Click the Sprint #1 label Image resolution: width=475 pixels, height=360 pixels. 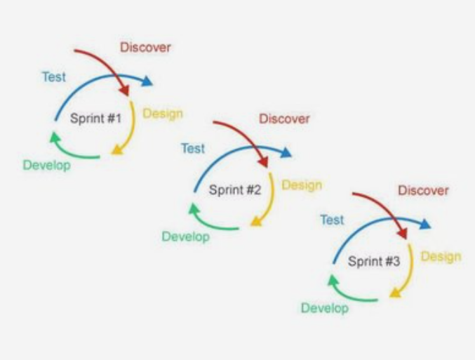pyautogui.click(x=96, y=119)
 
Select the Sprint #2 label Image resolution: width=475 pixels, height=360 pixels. pyautogui.click(x=235, y=189)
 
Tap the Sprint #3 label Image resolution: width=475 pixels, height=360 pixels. pyautogui.click(x=374, y=262)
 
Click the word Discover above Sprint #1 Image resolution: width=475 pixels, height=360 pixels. pyautogui.click(x=145, y=48)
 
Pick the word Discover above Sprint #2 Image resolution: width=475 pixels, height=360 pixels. pyautogui.click(x=284, y=119)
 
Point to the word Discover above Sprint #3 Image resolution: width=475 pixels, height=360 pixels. pyautogui.click(x=423, y=190)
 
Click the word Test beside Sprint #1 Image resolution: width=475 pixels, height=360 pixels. pyautogui.click(x=54, y=76)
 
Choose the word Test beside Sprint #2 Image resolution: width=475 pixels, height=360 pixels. pyautogui.click(x=193, y=148)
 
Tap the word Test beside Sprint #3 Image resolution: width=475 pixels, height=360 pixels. pyautogui.click(x=332, y=220)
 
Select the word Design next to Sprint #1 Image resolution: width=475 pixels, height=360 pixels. pyautogui.click(x=163, y=114)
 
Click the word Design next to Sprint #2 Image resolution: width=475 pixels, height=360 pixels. pyautogui.click(x=302, y=185)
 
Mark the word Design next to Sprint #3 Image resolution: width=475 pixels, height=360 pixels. pyautogui.click(x=441, y=256)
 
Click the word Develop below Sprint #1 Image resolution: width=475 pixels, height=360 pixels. pyautogui.click(x=46, y=166)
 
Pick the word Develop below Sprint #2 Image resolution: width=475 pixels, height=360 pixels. pyautogui.click(x=185, y=236)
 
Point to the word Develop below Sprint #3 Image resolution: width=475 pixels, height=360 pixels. pyautogui.click(x=324, y=308)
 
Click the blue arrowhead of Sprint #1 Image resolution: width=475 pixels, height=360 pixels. pyautogui.click(x=147, y=81)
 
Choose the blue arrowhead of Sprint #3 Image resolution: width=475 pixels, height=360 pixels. pyautogui.click(x=424, y=224)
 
